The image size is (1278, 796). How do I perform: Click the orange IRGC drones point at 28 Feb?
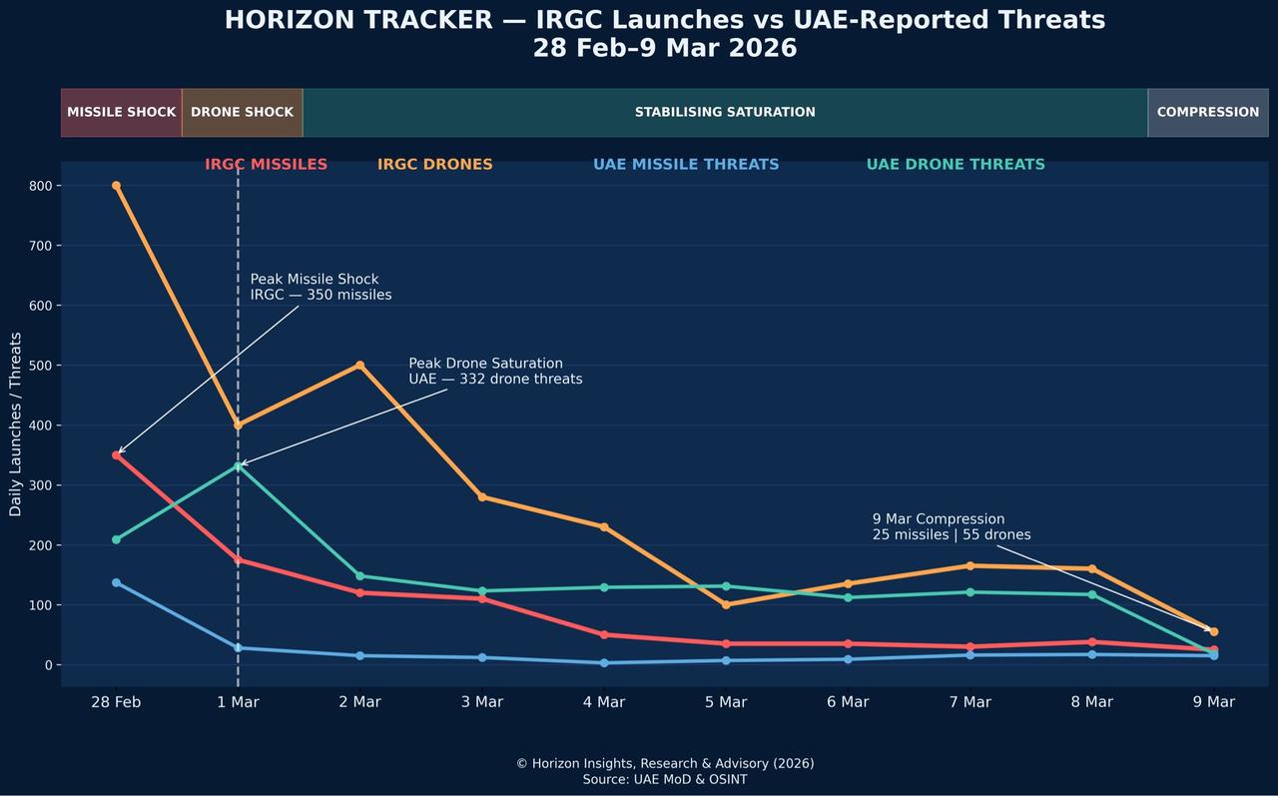coord(116,186)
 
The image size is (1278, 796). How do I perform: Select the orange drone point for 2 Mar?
coord(359,366)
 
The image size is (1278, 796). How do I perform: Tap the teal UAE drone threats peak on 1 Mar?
coord(238,465)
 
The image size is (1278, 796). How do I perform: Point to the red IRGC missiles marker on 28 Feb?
coord(116,455)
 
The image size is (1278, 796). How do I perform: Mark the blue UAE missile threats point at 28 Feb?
coord(116,582)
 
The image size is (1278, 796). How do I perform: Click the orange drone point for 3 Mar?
coord(482,496)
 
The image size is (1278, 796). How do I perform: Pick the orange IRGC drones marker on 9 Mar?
coord(1213,631)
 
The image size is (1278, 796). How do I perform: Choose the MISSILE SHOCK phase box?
coord(121,112)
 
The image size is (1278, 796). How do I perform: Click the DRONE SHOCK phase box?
coord(242,112)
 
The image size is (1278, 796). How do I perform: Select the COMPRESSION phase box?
coord(1207,112)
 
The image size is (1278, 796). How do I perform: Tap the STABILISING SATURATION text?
coord(725,112)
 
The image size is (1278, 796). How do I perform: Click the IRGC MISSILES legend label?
coord(266,165)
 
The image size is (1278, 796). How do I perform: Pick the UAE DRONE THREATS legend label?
coord(956,165)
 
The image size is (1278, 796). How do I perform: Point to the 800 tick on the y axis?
coord(41,186)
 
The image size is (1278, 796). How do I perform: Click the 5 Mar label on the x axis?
coord(726,702)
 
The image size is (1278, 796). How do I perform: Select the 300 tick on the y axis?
coord(41,485)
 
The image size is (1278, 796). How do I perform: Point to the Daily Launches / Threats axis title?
coord(15,424)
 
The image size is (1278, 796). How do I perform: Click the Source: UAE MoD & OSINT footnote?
coord(665,779)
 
